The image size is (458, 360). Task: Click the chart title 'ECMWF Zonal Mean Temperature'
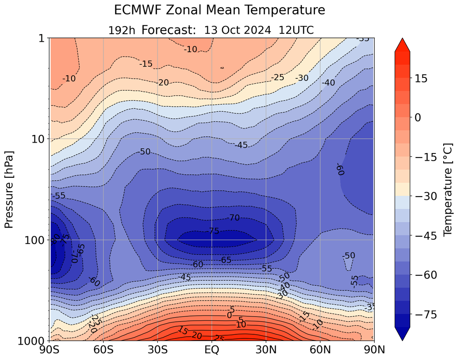tap(219, 10)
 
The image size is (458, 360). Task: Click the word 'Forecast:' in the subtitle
tap(169, 30)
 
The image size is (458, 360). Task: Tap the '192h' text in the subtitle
tap(121, 30)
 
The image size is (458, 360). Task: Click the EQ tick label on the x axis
tap(212, 350)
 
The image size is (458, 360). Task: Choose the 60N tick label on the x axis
tap(320, 350)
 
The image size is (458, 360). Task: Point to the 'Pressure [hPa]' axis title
tap(9, 189)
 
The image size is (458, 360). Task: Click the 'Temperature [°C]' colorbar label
tap(447, 189)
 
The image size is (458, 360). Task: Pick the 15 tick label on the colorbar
tap(420, 78)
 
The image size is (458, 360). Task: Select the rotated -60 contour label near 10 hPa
tap(340, 170)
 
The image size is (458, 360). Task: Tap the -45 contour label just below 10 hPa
tap(242, 145)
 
